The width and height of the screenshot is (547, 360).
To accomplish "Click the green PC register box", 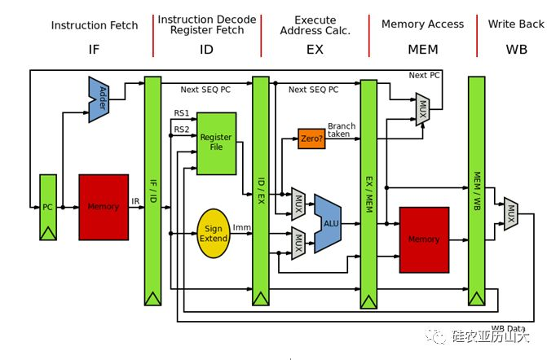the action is pos(48,208).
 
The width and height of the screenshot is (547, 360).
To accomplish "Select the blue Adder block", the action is pos(99,99).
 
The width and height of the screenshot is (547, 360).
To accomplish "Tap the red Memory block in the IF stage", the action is pos(104,208).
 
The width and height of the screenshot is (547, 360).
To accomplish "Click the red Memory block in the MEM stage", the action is pos(424,239).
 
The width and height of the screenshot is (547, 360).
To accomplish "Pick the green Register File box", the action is pos(217,143).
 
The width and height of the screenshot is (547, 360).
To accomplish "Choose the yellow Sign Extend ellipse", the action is pos(214,234).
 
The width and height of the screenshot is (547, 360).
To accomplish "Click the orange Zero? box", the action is pos(311,138).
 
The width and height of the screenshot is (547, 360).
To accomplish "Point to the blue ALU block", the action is pos(328,223).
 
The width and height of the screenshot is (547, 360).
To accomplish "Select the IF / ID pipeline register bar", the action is pos(152,191).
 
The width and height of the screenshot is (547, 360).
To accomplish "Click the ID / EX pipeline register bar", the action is pos(261,191).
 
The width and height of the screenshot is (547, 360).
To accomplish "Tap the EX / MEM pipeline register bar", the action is pos(368,194).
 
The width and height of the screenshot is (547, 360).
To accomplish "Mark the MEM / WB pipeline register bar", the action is pos(477,191).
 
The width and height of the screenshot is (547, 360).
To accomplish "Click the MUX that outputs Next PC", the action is pos(422,109).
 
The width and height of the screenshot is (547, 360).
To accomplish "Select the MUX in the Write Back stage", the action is pos(511,213).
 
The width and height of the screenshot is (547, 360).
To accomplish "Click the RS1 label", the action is pos(182,113).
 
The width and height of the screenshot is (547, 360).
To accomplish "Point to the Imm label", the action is pos(242,227).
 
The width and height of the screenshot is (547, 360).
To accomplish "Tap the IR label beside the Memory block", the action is pos(135,201).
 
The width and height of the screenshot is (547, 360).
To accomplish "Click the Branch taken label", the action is pos(342,130).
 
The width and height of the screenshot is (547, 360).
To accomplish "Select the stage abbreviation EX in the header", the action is pos(315,50).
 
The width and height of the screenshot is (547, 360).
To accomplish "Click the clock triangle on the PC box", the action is pos(48,233).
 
